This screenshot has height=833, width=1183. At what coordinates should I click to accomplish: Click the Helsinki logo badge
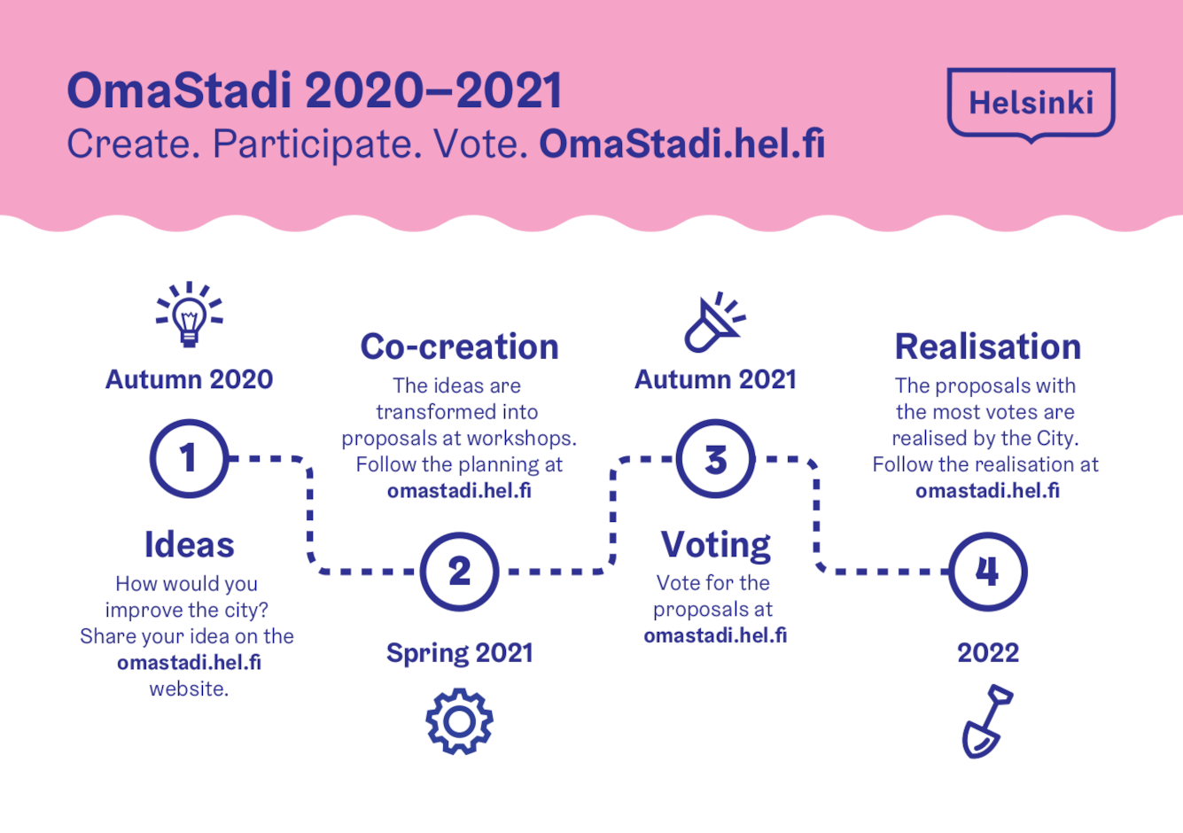pyautogui.click(x=1031, y=103)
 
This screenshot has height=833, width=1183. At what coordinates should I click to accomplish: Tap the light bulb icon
pyautogui.click(x=189, y=315)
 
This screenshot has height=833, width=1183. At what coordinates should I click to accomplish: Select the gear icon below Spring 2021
pyautogui.click(x=460, y=721)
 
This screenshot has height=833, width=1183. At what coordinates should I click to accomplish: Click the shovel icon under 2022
pyautogui.click(x=985, y=721)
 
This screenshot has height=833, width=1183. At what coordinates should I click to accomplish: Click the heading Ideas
pyautogui.click(x=189, y=545)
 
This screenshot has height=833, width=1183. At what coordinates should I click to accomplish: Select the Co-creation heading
pyautogui.click(x=460, y=347)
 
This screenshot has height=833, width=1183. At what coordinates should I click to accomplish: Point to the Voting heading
pyautogui.click(x=716, y=546)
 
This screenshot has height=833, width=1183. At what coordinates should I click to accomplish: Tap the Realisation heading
pyautogui.click(x=987, y=347)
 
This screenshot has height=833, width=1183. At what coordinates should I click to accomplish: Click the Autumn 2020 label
pyautogui.click(x=189, y=379)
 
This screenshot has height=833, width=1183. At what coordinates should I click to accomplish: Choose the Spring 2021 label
pyautogui.click(x=460, y=653)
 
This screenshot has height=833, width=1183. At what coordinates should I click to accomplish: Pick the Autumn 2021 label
pyautogui.click(x=716, y=379)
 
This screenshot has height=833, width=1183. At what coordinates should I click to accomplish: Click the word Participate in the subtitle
pyautogui.click(x=317, y=144)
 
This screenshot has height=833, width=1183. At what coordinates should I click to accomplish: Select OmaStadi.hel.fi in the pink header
pyautogui.click(x=681, y=144)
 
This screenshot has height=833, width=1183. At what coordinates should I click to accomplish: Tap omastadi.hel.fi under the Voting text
pyautogui.click(x=715, y=635)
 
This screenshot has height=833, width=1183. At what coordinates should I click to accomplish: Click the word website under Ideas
pyautogui.click(x=189, y=689)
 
